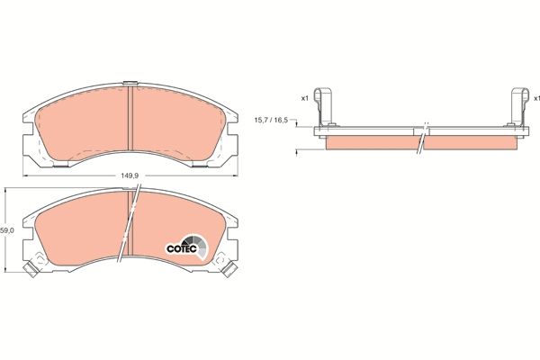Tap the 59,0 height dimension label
7,231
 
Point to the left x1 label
303,97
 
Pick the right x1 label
535,97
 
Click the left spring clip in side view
327,106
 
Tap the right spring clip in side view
519,106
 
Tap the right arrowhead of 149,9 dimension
240,174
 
